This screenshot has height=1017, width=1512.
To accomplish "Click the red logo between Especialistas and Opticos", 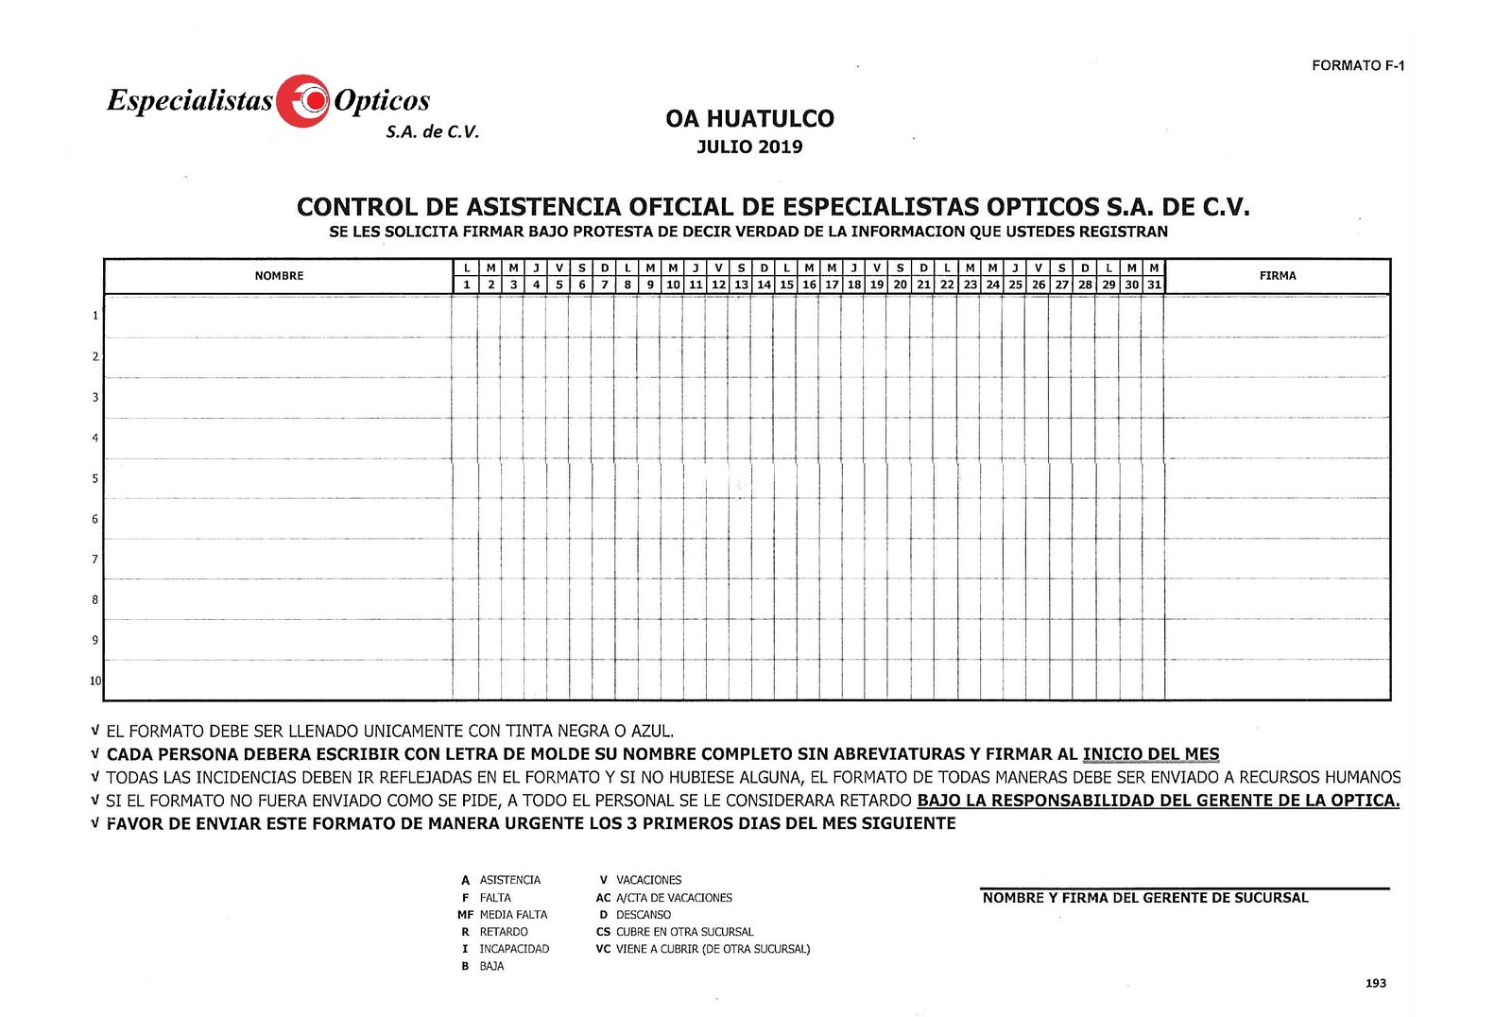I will click(x=303, y=100).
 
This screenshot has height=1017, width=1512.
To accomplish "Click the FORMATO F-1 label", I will click(x=1358, y=65).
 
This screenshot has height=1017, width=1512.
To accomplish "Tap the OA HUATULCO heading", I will click(x=749, y=119).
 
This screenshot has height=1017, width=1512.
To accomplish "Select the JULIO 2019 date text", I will click(x=749, y=147).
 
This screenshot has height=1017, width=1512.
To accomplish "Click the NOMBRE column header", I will click(x=279, y=276).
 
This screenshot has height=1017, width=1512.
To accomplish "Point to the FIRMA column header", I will click(x=1278, y=276).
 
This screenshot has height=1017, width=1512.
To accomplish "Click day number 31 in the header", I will click(x=1154, y=284).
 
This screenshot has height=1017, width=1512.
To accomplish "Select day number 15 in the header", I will click(x=786, y=284).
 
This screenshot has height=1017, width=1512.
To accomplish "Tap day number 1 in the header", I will click(x=466, y=284).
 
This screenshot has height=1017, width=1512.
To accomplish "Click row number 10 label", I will click(x=95, y=681).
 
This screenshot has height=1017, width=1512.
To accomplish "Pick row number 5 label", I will click(x=95, y=478).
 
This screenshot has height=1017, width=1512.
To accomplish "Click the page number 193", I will click(x=1376, y=983).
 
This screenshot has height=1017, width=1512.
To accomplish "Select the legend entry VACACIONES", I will click(x=648, y=880).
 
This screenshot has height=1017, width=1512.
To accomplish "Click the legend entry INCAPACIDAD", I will click(x=514, y=949).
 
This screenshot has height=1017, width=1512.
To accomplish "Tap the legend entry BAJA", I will click(x=491, y=966).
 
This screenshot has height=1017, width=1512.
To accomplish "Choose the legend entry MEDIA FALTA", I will click(x=513, y=915).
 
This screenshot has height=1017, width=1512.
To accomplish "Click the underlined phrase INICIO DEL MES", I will click(x=1151, y=754).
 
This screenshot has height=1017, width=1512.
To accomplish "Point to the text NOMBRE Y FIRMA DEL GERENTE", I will click(x=1145, y=898).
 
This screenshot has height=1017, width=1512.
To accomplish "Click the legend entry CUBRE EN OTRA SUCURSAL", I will click(x=684, y=932).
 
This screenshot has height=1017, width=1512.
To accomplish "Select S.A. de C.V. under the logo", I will click(x=432, y=132).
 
